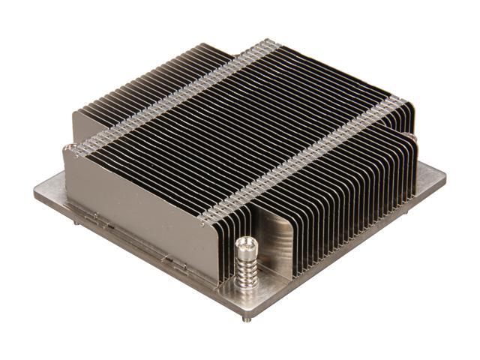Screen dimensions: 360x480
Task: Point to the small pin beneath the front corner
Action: coord(248,317)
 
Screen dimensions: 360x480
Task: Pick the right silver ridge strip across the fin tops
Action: coord(307,157)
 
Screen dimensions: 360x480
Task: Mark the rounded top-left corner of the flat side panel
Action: coord(69,148)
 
